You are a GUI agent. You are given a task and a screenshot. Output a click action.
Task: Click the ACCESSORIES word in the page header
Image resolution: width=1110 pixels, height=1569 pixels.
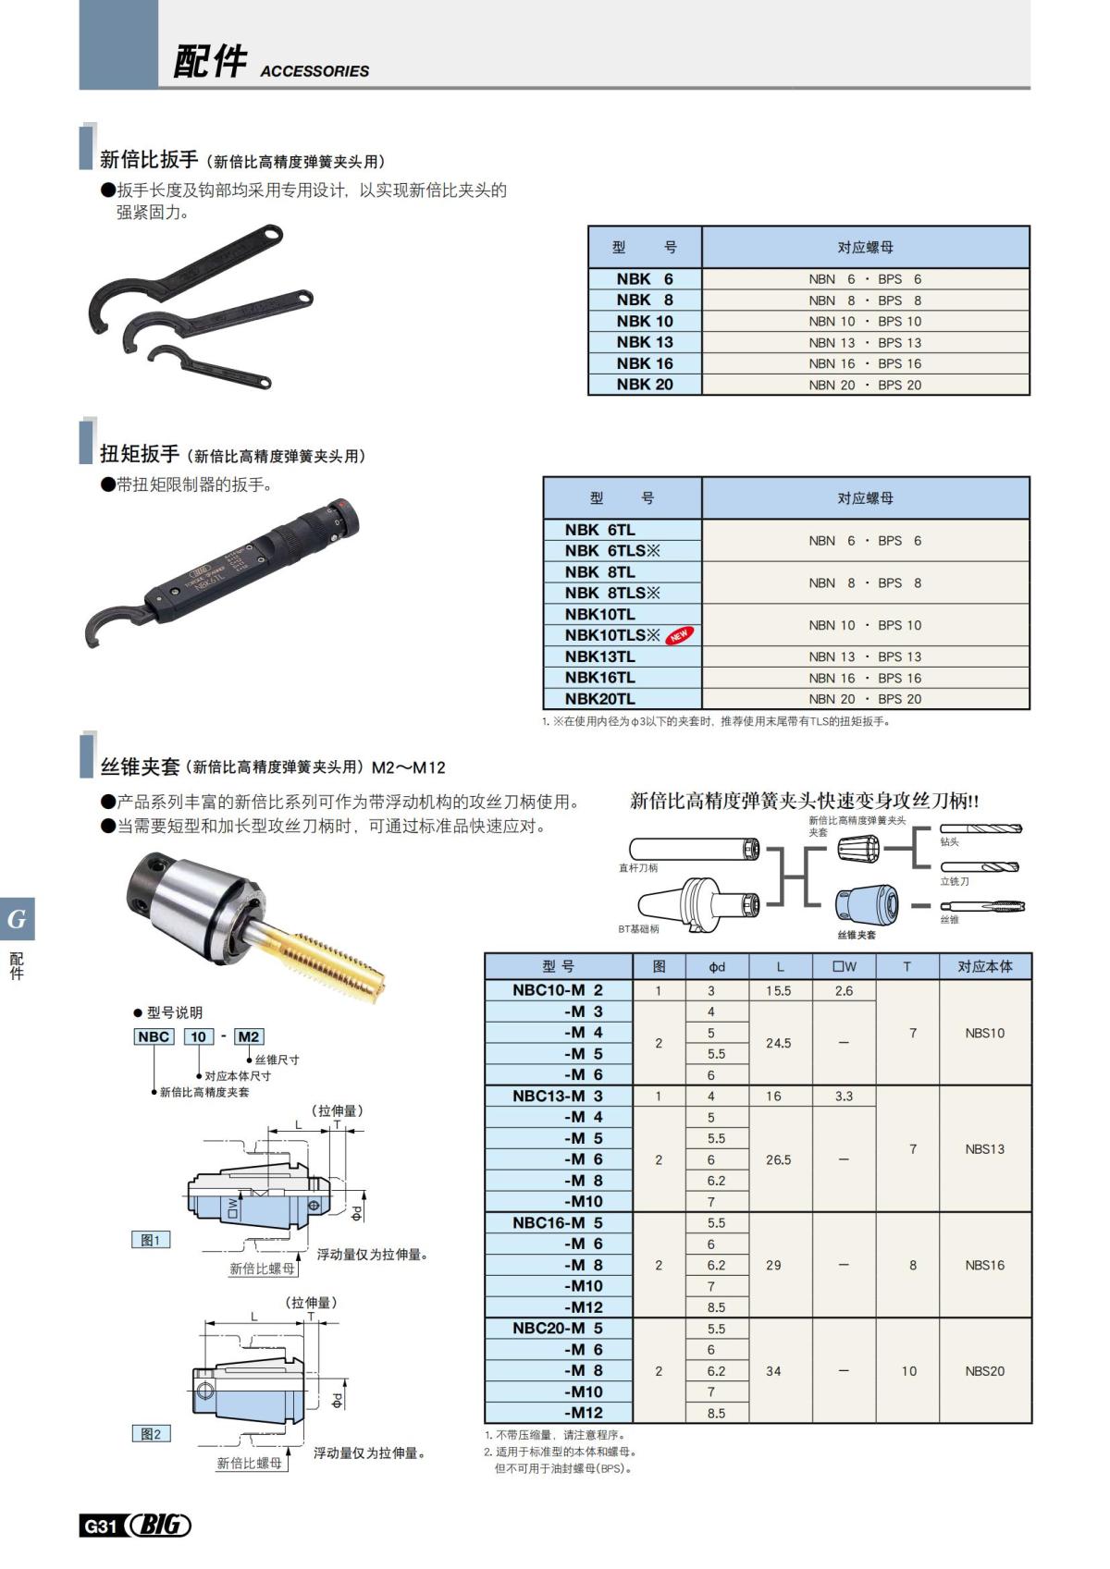[x=314, y=71]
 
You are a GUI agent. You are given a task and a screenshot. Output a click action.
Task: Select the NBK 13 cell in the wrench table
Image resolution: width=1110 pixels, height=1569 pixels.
[x=645, y=342]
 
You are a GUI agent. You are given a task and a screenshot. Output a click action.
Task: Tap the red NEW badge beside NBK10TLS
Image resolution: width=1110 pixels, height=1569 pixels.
[x=680, y=635]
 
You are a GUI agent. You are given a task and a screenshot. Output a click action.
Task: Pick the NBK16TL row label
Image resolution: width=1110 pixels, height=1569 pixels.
[x=600, y=678]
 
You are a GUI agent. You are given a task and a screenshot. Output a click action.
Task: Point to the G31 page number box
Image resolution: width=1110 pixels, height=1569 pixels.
[x=99, y=1526]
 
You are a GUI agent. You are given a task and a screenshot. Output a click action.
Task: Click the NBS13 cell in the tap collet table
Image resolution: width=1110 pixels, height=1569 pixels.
[x=984, y=1149]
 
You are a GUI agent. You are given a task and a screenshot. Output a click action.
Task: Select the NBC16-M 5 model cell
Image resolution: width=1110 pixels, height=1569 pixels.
[x=558, y=1223]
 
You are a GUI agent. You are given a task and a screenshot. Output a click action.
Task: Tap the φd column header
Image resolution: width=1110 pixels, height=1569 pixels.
[x=717, y=967]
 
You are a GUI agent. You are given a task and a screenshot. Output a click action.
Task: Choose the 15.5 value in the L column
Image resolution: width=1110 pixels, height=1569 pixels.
[x=779, y=991]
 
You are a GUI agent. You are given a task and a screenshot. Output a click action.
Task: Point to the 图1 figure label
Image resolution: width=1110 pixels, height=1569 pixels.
[x=151, y=1241]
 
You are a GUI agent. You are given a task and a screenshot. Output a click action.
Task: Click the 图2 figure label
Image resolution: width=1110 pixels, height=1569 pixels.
[x=151, y=1434]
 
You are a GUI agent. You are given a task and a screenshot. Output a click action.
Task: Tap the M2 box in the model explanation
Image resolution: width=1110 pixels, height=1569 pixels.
[x=248, y=1037]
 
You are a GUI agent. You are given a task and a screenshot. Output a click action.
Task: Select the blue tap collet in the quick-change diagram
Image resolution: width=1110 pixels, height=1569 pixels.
[x=867, y=904]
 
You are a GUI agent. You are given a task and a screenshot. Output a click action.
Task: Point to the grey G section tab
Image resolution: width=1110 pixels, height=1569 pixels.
[x=17, y=919]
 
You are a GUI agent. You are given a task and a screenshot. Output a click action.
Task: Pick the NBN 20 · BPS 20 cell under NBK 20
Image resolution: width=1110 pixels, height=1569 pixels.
[x=865, y=386]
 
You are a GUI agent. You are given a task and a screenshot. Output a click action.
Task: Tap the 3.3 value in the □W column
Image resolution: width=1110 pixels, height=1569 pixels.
[x=844, y=1097]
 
